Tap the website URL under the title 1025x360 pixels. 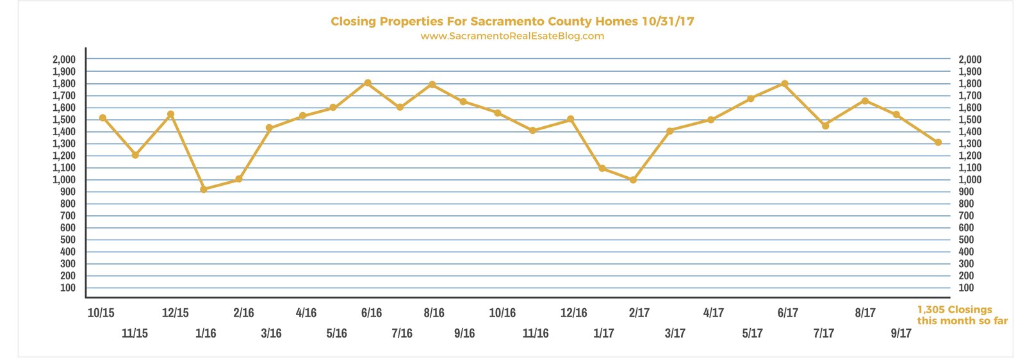click(x=512, y=36)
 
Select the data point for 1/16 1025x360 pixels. click(x=204, y=189)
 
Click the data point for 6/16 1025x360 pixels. click(x=368, y=83)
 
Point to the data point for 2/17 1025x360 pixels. click(x=633, y=180)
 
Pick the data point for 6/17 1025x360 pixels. click(x=785, y=84)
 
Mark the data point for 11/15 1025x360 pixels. click(x=135, y=155)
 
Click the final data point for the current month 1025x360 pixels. click(x=938, y=143)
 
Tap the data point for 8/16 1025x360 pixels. click(x=432, y=85)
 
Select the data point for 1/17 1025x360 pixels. click(x=602, y=168)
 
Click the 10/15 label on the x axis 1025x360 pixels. click(x=101, y=313)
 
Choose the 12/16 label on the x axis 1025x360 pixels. click(x=574, y=313)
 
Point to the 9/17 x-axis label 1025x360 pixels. click(x=901, y=334)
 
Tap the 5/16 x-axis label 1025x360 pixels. click(x=337, y=334)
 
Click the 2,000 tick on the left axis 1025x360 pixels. click(x=64, y=60)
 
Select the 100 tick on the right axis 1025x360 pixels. click(x=966, y=288)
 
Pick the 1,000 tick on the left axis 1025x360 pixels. click(x=64, y=180)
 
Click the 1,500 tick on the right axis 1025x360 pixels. click(x=970, y=120)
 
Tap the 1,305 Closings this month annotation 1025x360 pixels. click(x=962, y=315)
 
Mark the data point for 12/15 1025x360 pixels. click(x=170, y=114)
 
